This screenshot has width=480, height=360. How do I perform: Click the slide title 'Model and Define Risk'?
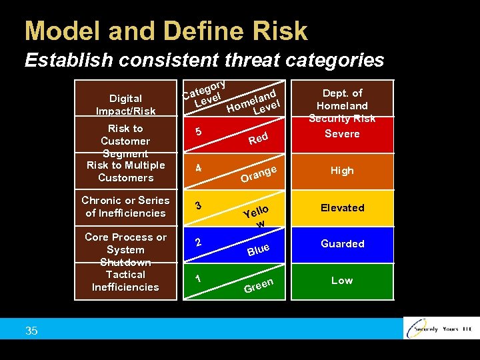point(166,31)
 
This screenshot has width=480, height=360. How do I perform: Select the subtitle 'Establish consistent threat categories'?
point(204,61)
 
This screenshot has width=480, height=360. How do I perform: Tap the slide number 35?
point(31,330)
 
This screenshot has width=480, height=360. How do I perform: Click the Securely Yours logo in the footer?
point(441,329)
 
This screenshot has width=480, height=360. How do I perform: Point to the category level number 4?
point(199,169)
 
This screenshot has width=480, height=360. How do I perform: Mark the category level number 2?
point(199,242)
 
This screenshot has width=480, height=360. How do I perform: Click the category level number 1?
point(199,279)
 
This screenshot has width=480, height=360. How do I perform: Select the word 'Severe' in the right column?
point(342,134)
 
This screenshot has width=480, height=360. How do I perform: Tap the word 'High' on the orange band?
point(342,171)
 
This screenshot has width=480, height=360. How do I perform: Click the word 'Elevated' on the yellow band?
point(342,208)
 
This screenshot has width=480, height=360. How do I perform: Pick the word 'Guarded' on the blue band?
point(342,244)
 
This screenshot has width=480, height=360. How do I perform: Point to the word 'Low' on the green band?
point(342,281)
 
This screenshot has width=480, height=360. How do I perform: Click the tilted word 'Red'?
point(258,139)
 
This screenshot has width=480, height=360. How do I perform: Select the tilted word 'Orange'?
point(258,175)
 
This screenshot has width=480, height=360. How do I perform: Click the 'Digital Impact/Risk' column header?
point(125,105)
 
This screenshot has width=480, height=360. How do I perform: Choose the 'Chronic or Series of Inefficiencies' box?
point(125,207)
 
